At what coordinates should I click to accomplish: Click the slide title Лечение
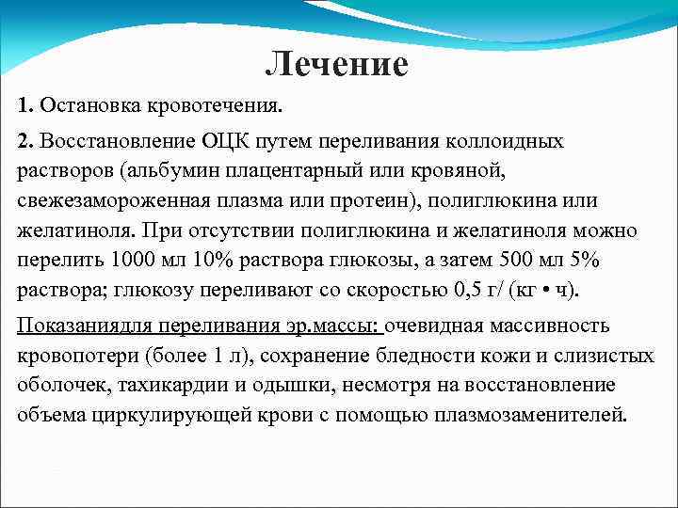tap(336, 65)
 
